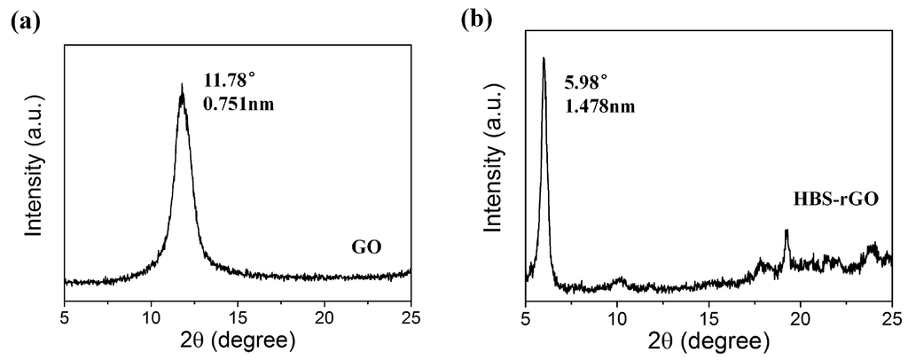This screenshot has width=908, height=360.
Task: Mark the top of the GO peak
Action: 182,86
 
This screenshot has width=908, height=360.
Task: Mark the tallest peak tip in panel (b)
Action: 544,59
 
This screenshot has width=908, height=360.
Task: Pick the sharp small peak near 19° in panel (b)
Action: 787,231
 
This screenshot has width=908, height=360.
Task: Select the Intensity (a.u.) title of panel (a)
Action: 34,165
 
